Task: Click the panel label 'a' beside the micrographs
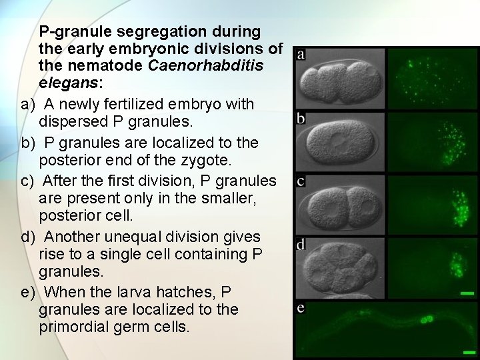coord(301,55)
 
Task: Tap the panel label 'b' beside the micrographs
coord(301,119)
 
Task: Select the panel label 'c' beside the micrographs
coord(301,181)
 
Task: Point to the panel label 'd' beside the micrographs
coord(301,245)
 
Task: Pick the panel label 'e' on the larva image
coord(301,309)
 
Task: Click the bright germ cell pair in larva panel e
coord(427,319)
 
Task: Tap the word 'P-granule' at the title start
coord(76,31)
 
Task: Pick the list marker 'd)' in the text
coord(28,237)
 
